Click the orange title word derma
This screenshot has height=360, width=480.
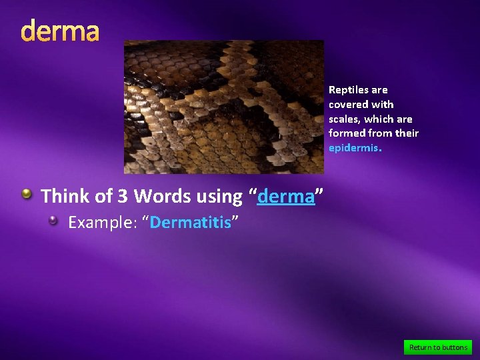(x=60, y=31)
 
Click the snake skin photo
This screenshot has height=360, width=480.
(x=224, y=107)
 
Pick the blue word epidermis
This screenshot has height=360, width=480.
(x=353, y=148)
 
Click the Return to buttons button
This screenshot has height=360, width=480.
(x=438, y=347)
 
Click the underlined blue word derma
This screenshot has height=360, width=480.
(x=285, y=197)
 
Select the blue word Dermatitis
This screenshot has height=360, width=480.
(x=190, y=222)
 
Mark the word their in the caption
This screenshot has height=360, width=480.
(x=407, y=133)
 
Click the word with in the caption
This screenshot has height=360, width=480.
(x=383, y=105)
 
